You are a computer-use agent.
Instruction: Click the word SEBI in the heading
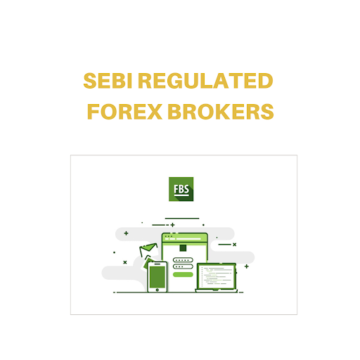[108, 81]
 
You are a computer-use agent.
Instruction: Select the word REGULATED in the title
[205, 81]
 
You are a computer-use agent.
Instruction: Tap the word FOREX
[124, 112]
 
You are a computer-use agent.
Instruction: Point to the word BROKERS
[221, 112]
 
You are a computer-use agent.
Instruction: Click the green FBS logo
[181, 189]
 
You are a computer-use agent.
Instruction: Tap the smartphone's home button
[157, 290]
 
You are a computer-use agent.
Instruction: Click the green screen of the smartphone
[157, 277]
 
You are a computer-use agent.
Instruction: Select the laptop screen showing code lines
[217, 276]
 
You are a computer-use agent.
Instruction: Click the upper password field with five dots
[183, 260]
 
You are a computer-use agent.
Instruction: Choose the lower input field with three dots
[183, 266]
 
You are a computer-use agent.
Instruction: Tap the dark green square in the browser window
[183, 248]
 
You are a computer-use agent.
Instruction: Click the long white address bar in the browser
[188, 239]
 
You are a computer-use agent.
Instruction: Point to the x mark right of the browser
[234, 245]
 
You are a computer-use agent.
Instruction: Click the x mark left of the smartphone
[125, 262]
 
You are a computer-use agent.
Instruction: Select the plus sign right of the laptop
[247, 266]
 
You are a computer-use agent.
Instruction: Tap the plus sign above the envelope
[126, 233]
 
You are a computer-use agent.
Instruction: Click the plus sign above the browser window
[173, 225]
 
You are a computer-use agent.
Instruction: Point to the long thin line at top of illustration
[182, 219]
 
